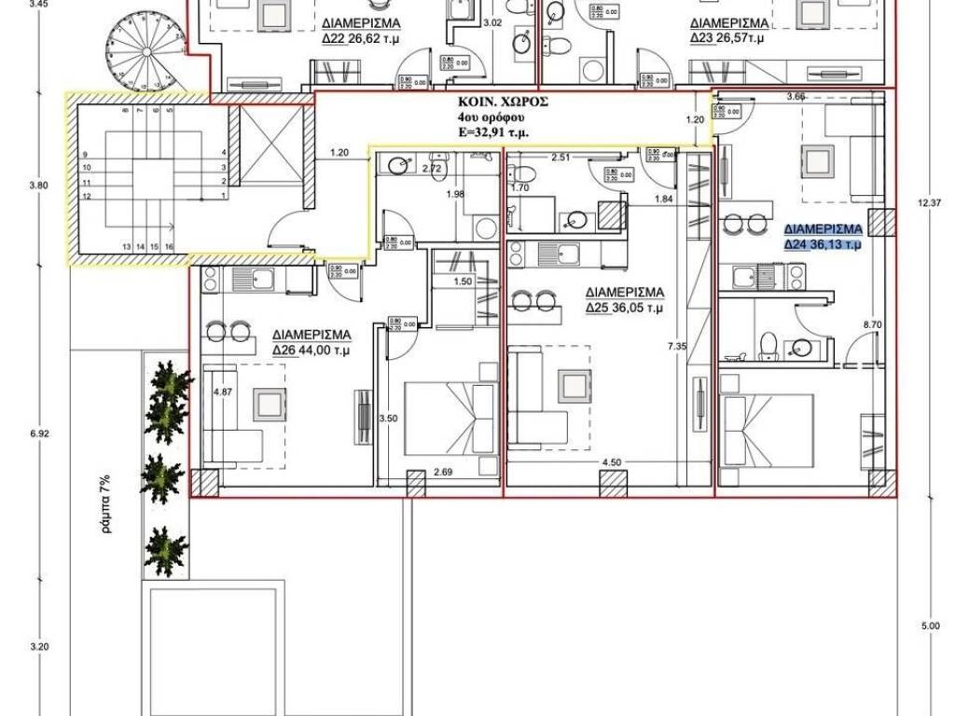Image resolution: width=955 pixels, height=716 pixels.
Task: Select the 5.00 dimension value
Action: point(929,626)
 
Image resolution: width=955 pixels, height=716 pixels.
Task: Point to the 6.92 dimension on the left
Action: point(38,434)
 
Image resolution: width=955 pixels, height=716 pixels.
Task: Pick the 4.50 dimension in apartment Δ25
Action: point(612,461)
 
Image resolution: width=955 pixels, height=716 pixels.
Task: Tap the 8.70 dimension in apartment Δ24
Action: point(872,324)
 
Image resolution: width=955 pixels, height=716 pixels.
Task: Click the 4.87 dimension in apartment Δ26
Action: point(222,392)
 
